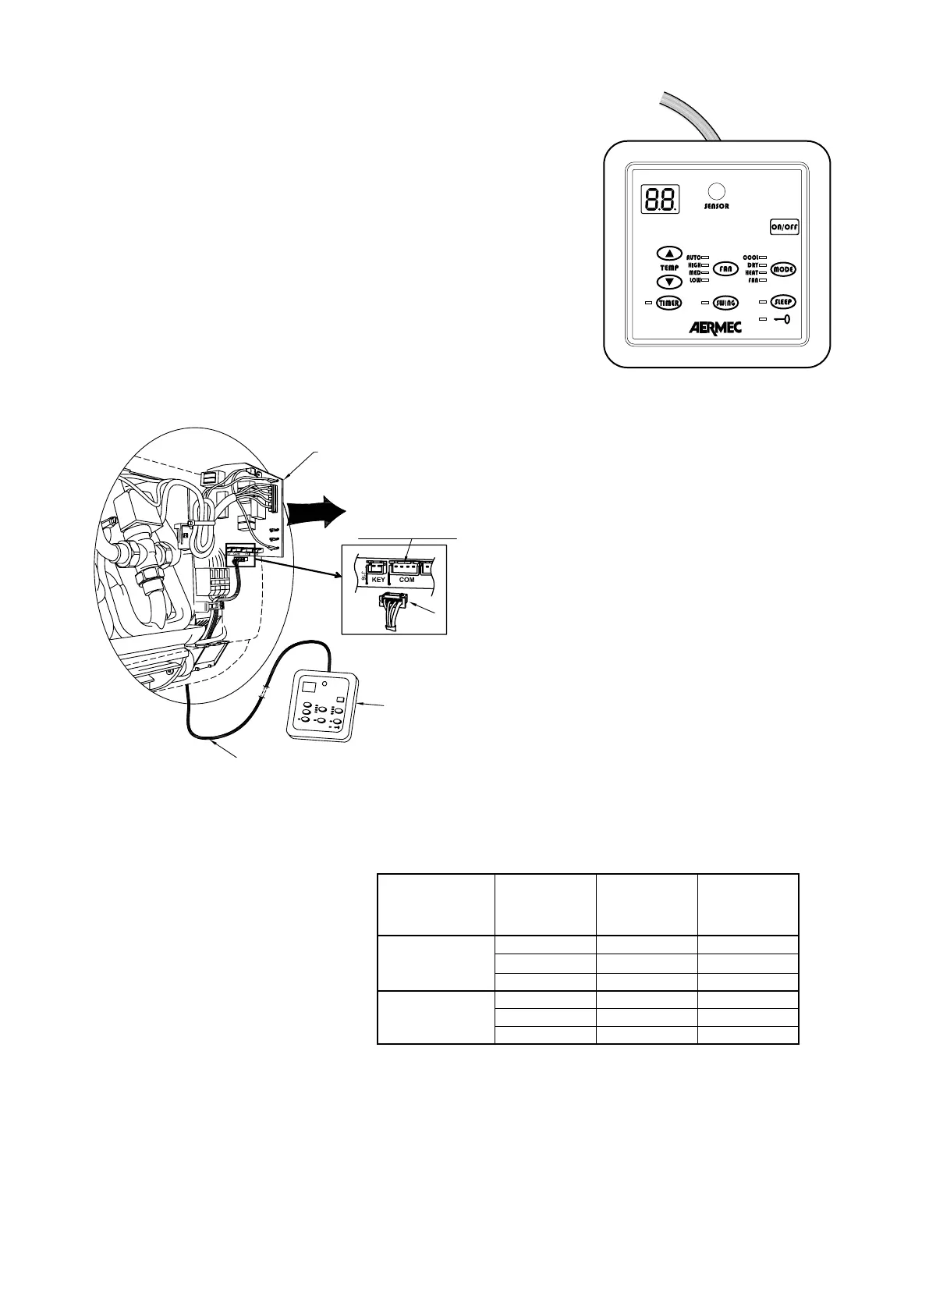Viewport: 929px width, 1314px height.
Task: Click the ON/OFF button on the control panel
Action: click(x=785, y=227)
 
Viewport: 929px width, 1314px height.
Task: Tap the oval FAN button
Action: click(x=726, y=268)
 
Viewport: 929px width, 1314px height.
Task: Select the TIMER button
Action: click(x=668, y=303)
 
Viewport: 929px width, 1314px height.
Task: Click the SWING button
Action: click(x=726, y=303)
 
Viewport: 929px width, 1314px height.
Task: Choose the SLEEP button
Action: click(x=783, y=301)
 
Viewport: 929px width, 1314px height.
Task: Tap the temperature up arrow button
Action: click(x=668, y=253)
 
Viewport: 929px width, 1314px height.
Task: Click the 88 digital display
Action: click(x=660, y=200)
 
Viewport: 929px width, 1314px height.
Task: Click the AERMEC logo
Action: click(x=714, y=328)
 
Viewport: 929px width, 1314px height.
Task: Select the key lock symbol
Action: click(x=782, y=319)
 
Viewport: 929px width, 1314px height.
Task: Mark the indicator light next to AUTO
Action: click(x=704, y=257)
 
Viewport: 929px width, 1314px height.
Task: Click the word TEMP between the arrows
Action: click(x=669, y=268)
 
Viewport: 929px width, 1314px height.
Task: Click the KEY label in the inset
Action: click(x=378, y=580)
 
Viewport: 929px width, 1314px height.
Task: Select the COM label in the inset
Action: click(x=406, y=580)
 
